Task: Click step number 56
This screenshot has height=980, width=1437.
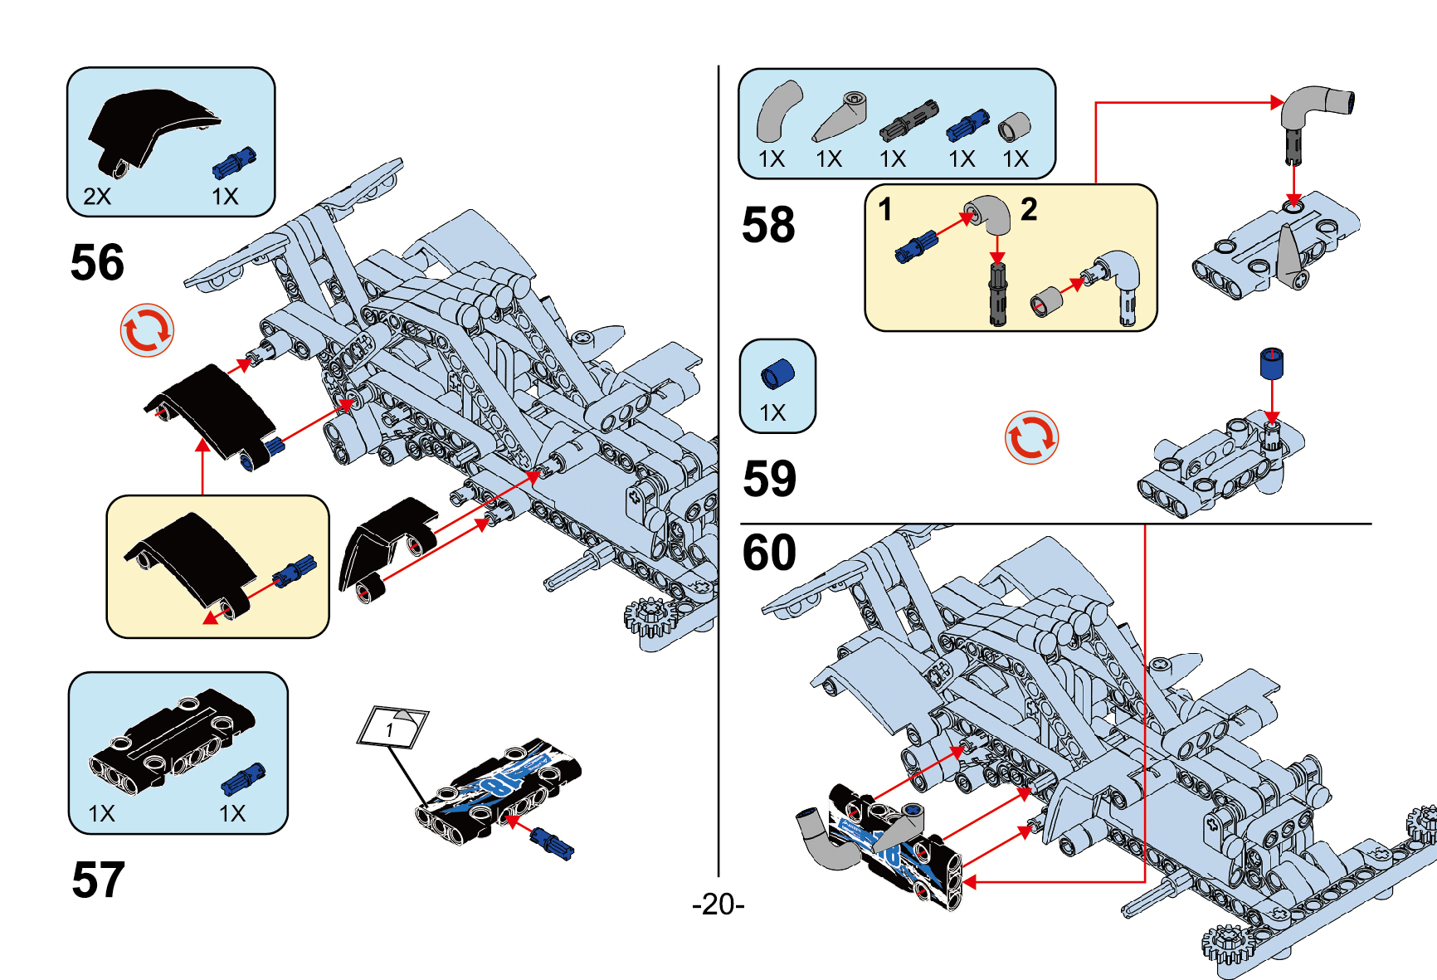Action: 97,263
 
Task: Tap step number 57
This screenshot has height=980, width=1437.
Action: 98,880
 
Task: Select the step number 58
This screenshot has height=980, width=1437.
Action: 768,226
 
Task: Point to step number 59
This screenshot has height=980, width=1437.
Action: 769,479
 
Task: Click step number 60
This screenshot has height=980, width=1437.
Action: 769,553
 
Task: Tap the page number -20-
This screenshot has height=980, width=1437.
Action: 718,904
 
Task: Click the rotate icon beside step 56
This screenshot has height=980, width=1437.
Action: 147,330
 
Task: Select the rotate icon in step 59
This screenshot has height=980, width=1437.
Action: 1031,437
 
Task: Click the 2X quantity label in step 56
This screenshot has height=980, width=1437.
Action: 97,197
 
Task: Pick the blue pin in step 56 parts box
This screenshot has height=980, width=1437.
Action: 234,163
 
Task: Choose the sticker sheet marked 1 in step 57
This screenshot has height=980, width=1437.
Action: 392,728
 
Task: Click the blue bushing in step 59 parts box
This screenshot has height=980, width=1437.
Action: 777,374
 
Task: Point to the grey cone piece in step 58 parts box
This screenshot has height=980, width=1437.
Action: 840,117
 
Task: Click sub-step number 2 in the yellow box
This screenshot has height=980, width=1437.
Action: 1029,210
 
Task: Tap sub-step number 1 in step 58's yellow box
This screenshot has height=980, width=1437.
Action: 885,210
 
